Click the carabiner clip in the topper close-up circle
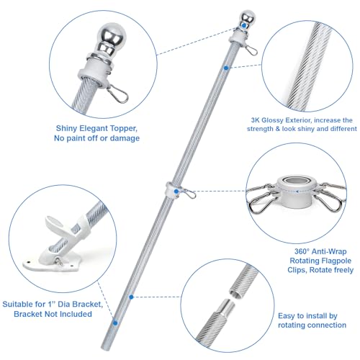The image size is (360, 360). point(117,94)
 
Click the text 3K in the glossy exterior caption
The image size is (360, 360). point(256,120)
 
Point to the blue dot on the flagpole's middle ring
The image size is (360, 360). point(176,192)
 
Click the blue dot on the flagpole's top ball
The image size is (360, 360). point(244,25)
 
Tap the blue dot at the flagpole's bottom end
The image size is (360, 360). point(115,323)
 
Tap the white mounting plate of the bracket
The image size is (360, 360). point(52,264)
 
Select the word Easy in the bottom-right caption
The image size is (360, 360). point(287,316)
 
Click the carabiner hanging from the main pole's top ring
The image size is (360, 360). point(251,50)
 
